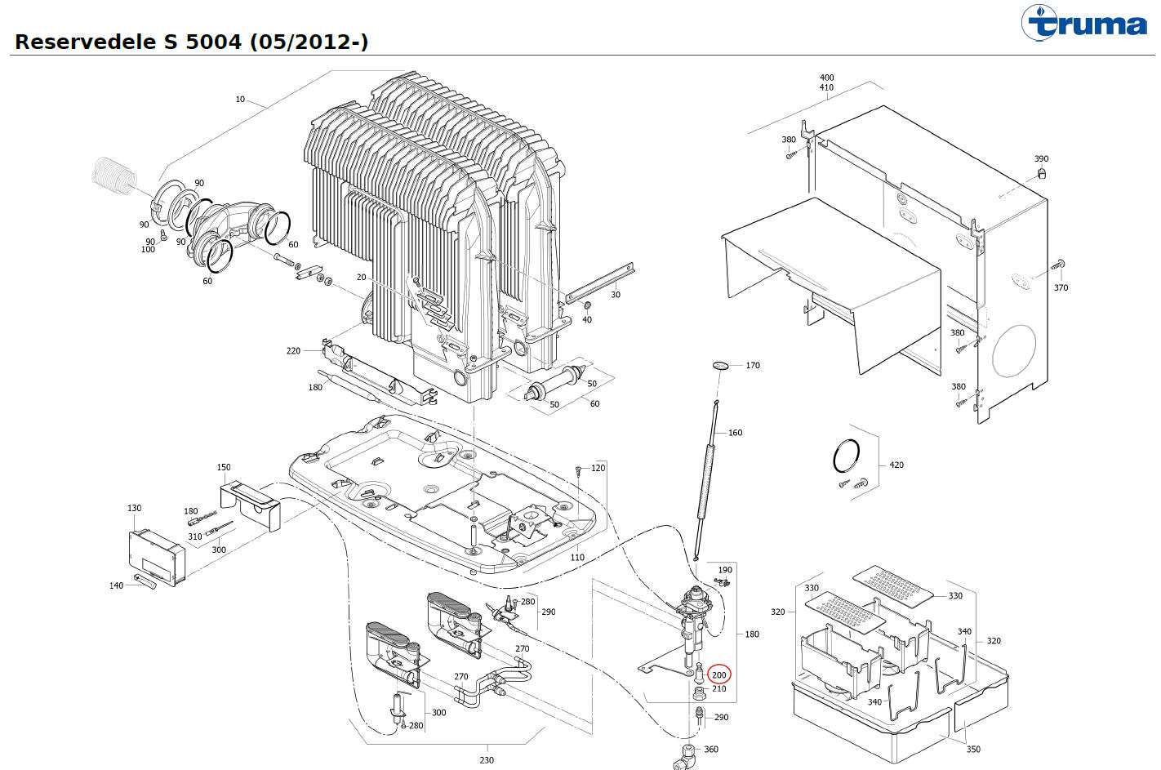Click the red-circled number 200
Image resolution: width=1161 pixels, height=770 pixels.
[x=719, y=674]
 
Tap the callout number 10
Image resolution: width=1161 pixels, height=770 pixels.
[x=240, y=100]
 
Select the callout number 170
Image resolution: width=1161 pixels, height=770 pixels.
[x=753, y=365]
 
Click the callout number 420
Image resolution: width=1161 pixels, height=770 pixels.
[x=896, y=465]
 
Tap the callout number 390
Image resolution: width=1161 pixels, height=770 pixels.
[x=1041, y=158]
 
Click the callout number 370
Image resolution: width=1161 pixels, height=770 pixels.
[x=1061, y=287]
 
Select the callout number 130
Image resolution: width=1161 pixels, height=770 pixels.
[x=135, y=508]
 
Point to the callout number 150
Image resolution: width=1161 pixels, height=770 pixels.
[x=224, y=468]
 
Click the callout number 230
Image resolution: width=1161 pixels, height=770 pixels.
[x=487, y=760]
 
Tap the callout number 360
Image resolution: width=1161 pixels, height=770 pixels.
[x=711, y=750]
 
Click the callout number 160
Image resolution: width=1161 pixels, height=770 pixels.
[x=735, y=433]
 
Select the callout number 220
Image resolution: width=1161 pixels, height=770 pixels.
[x=293, y=351]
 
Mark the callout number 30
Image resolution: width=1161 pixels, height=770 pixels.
[x=616, y=294]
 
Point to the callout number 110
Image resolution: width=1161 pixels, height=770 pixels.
[x=577, y=558]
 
